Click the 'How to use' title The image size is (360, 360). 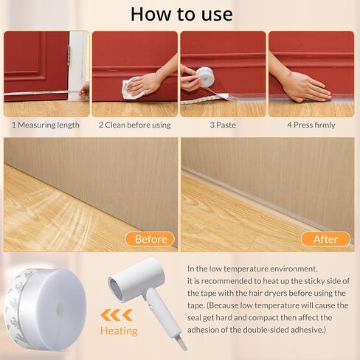click(x=181, y=14)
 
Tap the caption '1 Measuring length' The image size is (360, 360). click(x=46, y=125)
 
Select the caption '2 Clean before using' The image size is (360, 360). click(x=135, y=125)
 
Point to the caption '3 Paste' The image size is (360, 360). click(x=223, y=125)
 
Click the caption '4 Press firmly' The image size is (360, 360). click(x=311, y=125)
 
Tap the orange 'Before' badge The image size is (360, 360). click(x=150, y=239)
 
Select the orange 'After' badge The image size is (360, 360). click(x=325, y=239)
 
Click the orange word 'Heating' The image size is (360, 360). click(x=119, y=331)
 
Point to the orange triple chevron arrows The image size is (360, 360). click(x=117, y=316)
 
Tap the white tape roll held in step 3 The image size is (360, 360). click(x=205, y=77)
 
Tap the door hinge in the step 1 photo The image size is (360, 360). click(x=69, y=55)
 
